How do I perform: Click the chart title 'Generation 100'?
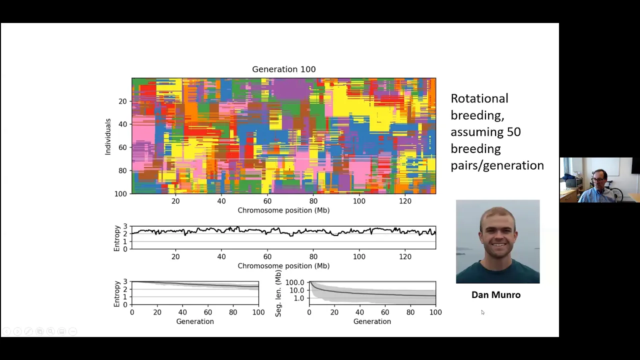(283, 69)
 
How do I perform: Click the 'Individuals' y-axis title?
(107, 136)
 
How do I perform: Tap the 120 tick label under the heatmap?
(405, 201)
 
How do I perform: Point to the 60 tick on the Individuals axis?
(122, 147)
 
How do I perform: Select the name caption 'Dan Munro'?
(495, 295)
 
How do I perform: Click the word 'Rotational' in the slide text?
(479, 98)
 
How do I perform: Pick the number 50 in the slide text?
(513, 132)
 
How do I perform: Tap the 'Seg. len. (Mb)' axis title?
(278, 293)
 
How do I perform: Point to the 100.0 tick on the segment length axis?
(294, 283)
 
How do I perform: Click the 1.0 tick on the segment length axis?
(298, 298)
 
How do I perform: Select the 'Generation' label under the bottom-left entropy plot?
(195, 321)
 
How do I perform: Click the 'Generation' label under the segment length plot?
(372, 321)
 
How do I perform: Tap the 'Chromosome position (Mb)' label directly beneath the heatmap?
(283, 210)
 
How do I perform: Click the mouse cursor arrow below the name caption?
(482, 312)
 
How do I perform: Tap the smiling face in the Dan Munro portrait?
(497, 235)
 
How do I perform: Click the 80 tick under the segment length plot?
(410, 312)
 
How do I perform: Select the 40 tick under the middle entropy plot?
(221, 256)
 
